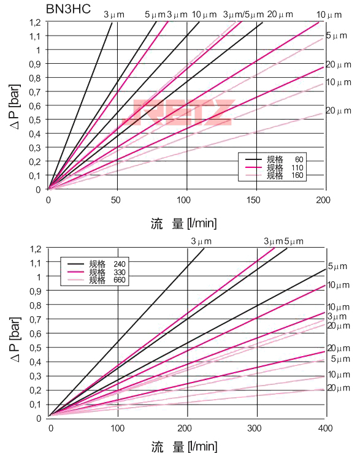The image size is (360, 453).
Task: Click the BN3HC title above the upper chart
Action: coord(69,9)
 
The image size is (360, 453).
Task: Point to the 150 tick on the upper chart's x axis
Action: coord(255,200)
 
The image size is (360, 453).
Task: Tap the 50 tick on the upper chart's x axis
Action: coord(117,200)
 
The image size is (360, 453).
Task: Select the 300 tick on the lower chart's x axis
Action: coord(256,428)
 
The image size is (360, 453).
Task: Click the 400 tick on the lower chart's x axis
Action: coord(325,428)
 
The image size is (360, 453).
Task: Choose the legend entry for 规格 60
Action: coord(276,160)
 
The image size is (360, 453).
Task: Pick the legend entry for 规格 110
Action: coord(276,168)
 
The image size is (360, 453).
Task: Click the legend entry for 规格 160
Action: coord(276,176)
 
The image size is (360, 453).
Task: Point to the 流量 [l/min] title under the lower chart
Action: coord(183,446)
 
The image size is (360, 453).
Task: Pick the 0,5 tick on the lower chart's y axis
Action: coord(35,348)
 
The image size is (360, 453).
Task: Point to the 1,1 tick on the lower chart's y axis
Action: coord(35,262)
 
